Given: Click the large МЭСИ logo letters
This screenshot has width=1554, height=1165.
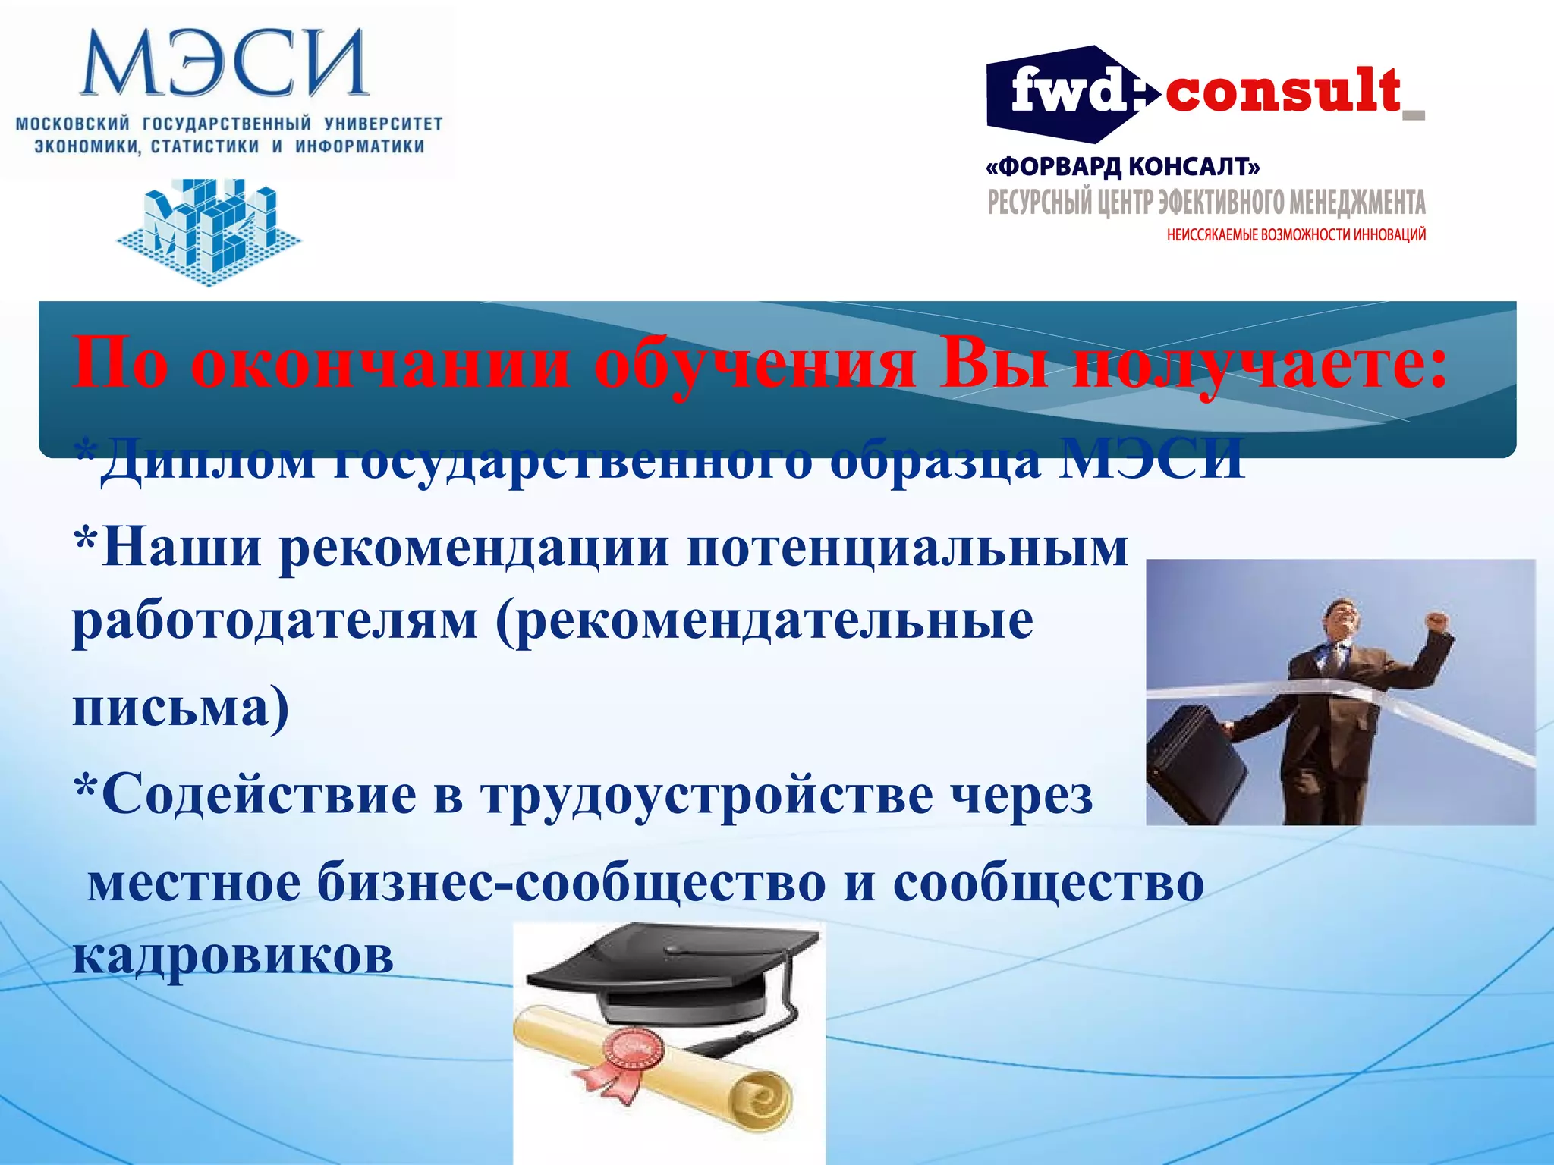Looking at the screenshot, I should pos(224,64).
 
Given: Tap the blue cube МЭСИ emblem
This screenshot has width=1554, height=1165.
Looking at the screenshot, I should pos(209,231).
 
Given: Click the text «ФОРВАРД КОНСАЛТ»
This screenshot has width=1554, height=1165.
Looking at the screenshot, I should pos(1123,167).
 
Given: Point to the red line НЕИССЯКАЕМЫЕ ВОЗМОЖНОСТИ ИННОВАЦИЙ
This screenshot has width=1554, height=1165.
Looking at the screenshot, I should pos(1296,235).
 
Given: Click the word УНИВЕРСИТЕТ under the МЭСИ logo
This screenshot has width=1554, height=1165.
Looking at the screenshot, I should pos(383,124).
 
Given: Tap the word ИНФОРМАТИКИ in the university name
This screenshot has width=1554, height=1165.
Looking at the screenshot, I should pos(360,146).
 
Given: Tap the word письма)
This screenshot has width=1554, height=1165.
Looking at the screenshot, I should pos(181,707).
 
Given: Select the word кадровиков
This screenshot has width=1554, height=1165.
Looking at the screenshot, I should pos(233,956).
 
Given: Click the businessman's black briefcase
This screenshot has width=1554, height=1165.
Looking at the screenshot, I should pos(1195,766).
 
